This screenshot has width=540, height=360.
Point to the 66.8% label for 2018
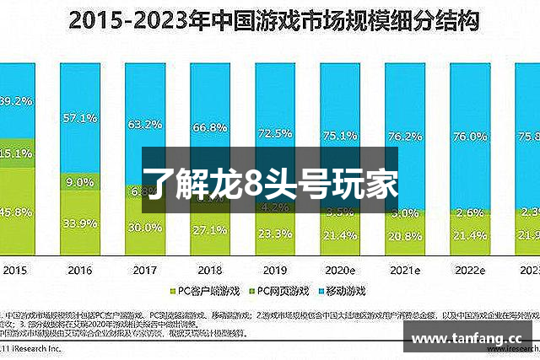coord(209,127)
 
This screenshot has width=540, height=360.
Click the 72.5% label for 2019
coord(275,133)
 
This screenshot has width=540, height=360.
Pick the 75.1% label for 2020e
coord(340,135)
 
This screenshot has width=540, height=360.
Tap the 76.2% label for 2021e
coord(405,137)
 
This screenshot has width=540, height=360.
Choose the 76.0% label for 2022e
coord(470,137)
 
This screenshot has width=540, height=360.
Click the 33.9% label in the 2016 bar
coord(78,224)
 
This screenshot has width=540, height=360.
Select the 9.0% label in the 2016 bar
coord(78,182)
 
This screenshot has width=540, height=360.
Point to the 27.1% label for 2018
coord(209,229)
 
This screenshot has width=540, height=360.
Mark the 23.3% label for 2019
coord(275,234)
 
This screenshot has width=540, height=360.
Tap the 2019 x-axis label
coord(275,270)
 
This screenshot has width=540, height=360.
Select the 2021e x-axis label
coord(405,270)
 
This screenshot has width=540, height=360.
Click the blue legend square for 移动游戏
coord(318,291)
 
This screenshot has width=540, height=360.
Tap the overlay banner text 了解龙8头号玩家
coord(269,182)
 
